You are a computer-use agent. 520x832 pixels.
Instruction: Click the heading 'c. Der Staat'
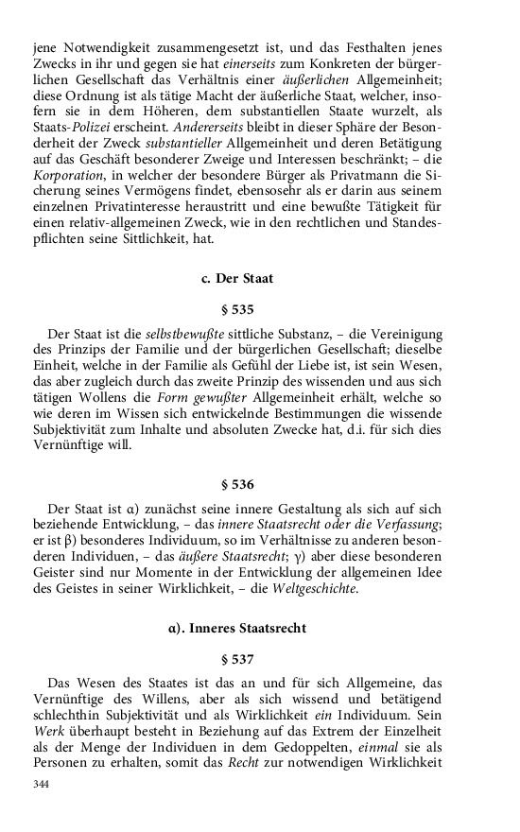click(x=237, y=278)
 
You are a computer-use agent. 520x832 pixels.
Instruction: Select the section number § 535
click(x=237, y=308)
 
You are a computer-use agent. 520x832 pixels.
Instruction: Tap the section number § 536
click(x=237, y=485)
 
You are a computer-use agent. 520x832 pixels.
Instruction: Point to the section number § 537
click(x=237, y=658)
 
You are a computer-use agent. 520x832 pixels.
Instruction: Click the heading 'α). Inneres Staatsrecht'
click(x=237, y=628)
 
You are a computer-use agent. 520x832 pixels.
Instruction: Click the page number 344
click(x=41, y=784)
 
